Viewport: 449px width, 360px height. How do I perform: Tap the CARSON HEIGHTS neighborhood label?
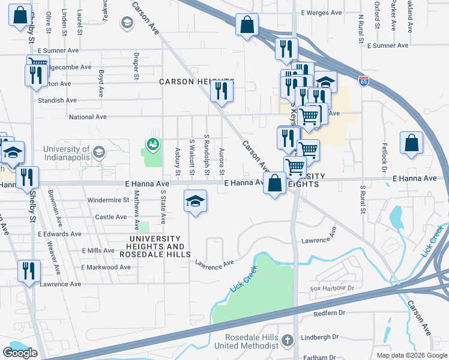point(196,81)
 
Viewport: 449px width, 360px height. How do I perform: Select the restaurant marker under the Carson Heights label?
point(221,92)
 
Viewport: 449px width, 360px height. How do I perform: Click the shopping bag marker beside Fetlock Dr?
point(411,144)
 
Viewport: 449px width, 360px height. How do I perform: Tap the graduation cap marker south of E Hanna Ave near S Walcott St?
point(195,202)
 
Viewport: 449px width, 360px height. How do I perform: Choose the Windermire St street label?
point(108,200)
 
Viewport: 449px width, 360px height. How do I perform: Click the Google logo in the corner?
point(19,353)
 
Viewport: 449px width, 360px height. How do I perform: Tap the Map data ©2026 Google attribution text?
point(411,355)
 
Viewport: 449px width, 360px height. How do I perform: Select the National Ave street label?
point(88,117)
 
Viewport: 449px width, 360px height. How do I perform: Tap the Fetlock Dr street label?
point(385,155)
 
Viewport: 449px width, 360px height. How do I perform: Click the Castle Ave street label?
point(111,217)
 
